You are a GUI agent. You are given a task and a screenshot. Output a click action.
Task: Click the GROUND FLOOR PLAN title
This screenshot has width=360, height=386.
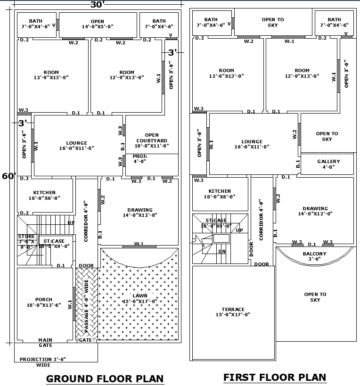click(x=105, y=378)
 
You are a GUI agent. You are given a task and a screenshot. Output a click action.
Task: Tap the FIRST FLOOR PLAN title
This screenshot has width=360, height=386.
click(x=274, y=377)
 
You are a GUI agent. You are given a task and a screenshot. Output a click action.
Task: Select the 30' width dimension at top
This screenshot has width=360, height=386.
click(x=97, y=5)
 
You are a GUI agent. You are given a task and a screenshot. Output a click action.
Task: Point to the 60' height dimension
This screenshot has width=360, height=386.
click(x=8, y=176)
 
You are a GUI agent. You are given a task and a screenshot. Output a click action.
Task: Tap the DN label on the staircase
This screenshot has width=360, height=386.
click(x=222, y=251)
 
